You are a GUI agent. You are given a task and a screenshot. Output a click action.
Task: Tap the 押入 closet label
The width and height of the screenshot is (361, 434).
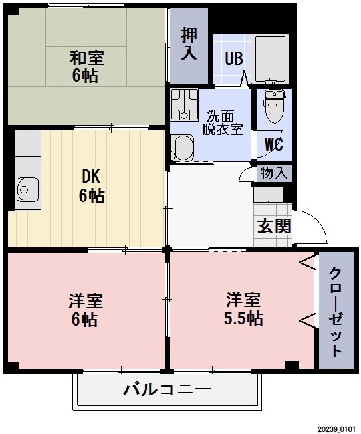[x=189, y=44]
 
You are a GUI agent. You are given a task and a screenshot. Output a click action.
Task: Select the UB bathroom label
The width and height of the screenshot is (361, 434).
[x=233, y=58]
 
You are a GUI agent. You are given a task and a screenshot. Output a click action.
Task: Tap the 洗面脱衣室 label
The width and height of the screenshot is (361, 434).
[x=222, y=121]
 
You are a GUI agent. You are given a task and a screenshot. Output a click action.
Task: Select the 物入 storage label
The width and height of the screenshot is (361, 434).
[x=275, y=173]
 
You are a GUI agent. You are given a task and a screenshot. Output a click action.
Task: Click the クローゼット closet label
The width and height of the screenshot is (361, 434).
[x=336, y=313]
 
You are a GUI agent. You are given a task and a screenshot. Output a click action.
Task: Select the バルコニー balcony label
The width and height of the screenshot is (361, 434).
[x=167, y=389]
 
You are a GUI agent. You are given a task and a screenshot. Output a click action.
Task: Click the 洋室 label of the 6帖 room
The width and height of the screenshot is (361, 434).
[x=85, y=300]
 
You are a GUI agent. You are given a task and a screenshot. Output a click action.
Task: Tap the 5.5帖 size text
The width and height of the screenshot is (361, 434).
[x=243, y=318]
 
